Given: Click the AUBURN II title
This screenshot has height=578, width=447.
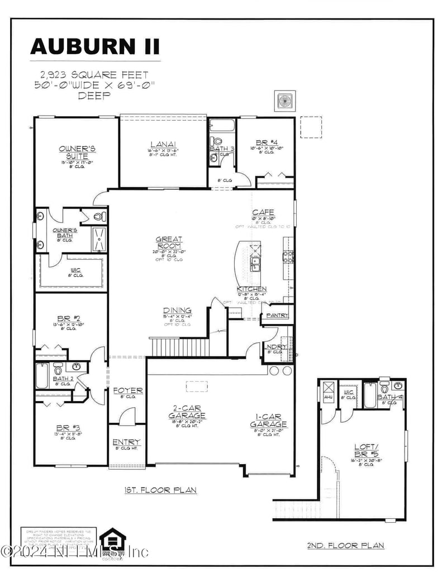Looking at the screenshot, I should pyautogui.click(x=95, y=46).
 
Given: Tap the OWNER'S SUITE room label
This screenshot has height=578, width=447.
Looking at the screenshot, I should pyautogui.click(x=78, y=152).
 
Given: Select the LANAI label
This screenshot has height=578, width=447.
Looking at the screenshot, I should pyautogui.click(x=163, y=143).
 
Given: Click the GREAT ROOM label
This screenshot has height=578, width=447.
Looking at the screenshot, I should pyautogui.click(x=169, y=243).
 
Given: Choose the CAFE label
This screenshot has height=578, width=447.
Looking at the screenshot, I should pyautogui.click(x=263, y=212).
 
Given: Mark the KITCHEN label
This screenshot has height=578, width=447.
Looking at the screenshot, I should pyautogui.click(x=251, y=289).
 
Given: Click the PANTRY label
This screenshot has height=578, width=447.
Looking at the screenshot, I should pyautogui.click(x=277, y=316).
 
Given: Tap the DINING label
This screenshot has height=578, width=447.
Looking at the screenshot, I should pyautogui.click(x=178, y=311).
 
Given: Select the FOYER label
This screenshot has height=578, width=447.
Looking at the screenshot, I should pyautogui.click(x=128, y=390).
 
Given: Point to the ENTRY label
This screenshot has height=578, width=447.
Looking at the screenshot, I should pyautogui.click(x=127, y=442).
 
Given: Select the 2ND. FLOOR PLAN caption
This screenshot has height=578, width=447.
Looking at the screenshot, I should pyautogui.click(x=346, y=545).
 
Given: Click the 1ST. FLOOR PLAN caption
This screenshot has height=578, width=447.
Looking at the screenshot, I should pyautogui.click(x=160, y=490).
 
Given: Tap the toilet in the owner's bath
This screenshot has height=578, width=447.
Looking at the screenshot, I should pyautogui.click(x=99, y=216).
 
